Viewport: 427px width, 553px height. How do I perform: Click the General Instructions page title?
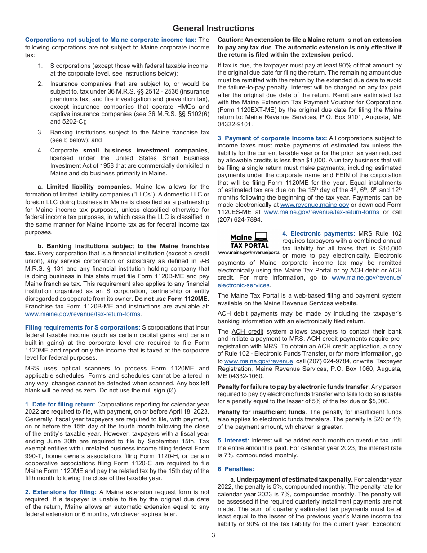[x=213, y=28]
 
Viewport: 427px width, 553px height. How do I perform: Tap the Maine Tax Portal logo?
[x=249, y=243]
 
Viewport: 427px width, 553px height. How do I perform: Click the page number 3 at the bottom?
[x=213, y=535]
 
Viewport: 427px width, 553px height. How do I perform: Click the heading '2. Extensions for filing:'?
[x=61, y=492]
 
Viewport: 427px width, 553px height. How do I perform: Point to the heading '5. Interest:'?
[x=233, y=441]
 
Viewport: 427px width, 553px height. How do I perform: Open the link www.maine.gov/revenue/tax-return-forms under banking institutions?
[x=83, y=314]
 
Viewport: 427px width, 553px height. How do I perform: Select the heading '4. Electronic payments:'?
[x=319, y=233]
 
